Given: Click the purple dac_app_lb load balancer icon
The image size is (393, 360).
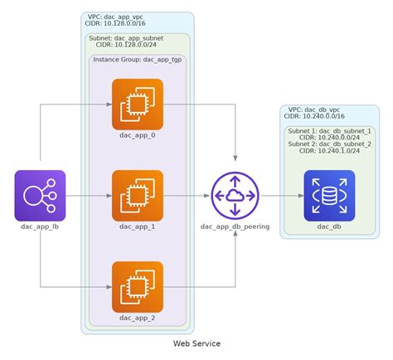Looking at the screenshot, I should (40, 196).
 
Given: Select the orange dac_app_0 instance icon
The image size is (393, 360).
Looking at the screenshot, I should (137, 105).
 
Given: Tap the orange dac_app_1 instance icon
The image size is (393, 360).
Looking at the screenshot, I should (137, 196).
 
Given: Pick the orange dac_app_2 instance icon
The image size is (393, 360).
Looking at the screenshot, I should (137, 287).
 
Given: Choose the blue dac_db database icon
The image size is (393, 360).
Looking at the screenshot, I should (329, 196).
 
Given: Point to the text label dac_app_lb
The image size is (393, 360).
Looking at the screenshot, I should (40, 226).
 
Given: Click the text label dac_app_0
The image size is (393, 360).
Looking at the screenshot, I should (137, 135).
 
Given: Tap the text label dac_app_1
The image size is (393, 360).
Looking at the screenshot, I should (137, 226).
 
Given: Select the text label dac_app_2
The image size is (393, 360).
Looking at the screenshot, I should (137, 317).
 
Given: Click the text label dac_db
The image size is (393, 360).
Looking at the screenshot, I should (329, 226).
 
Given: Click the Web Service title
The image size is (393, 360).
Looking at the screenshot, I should (196, 343).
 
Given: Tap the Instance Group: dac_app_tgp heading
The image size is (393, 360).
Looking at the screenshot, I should (137, 60).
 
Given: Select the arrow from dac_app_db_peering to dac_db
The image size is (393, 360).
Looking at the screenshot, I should (282, 196).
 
